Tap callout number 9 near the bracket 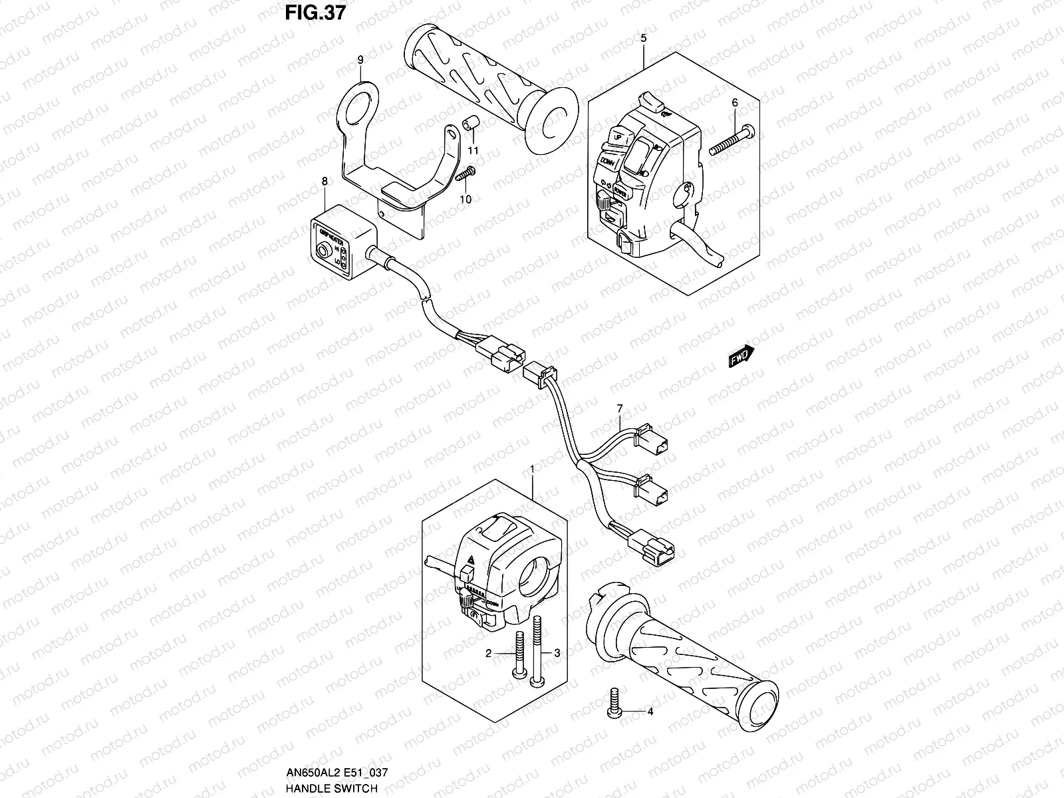pos(360,60)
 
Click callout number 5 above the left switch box pos(643,39)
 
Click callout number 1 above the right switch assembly pos(532,469)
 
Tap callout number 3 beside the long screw pos(557,654)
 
